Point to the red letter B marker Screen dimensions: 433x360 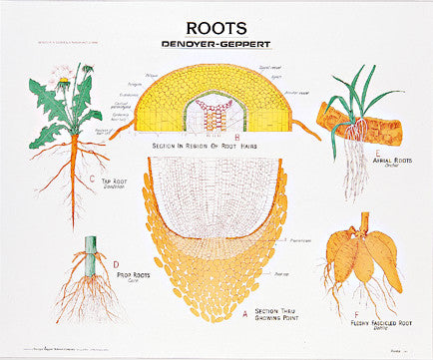tap(236, 138)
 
